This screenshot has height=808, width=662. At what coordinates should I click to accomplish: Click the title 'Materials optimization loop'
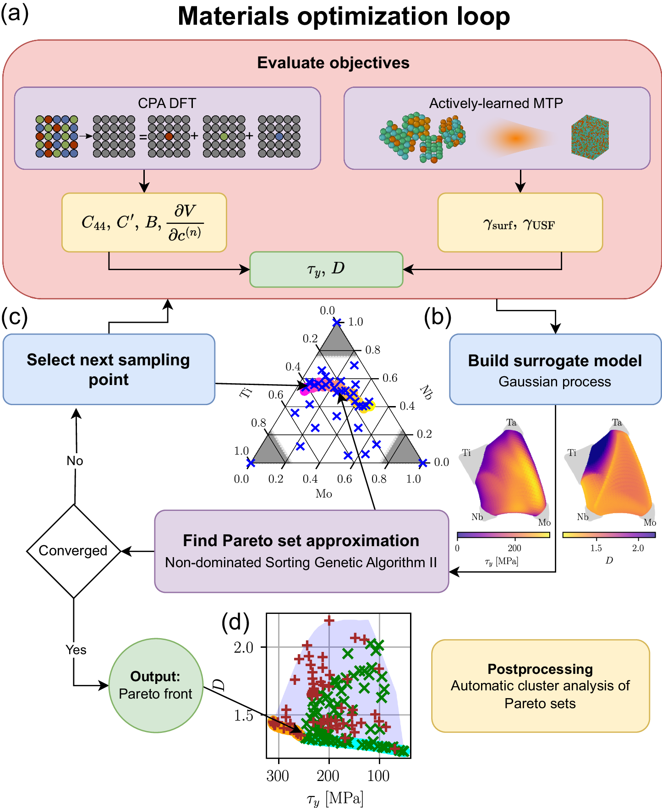click(344, 16)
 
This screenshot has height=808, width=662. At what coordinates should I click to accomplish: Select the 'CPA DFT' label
click(167, 103)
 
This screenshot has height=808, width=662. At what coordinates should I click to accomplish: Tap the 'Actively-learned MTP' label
click(496, 103)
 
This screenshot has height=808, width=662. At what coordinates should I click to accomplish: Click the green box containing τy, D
click(326, 269)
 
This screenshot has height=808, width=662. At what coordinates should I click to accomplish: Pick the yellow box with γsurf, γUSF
click(520, 223)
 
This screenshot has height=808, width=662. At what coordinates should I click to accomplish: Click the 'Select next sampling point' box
click(109, 369)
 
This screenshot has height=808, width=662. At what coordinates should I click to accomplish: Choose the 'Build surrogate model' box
click(555, 369)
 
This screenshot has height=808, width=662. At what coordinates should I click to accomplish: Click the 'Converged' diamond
click(73, 551)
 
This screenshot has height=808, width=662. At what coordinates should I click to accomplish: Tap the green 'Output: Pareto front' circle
click(155, 685)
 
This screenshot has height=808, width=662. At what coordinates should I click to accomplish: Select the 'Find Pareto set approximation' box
click(301, 551)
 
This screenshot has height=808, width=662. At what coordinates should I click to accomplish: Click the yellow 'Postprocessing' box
click(540, 685)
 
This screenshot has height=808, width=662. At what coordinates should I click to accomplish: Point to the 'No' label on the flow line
click(75, 461)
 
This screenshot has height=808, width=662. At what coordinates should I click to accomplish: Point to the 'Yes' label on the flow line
click(76, 650)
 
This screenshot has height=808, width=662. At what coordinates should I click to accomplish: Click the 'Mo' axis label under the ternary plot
click(324, 494)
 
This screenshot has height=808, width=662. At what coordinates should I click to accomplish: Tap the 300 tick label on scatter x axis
click(278, 775)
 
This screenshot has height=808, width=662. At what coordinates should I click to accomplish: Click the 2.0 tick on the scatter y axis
click(244, 647)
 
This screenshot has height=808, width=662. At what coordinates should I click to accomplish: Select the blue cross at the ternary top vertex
click(337, 323)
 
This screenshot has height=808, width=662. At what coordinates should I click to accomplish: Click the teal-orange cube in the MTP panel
click(590, 137)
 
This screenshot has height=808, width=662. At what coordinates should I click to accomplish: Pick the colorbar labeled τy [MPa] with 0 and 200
click(503, 535)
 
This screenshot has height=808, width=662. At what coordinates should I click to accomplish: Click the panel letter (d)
click(235, 622)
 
